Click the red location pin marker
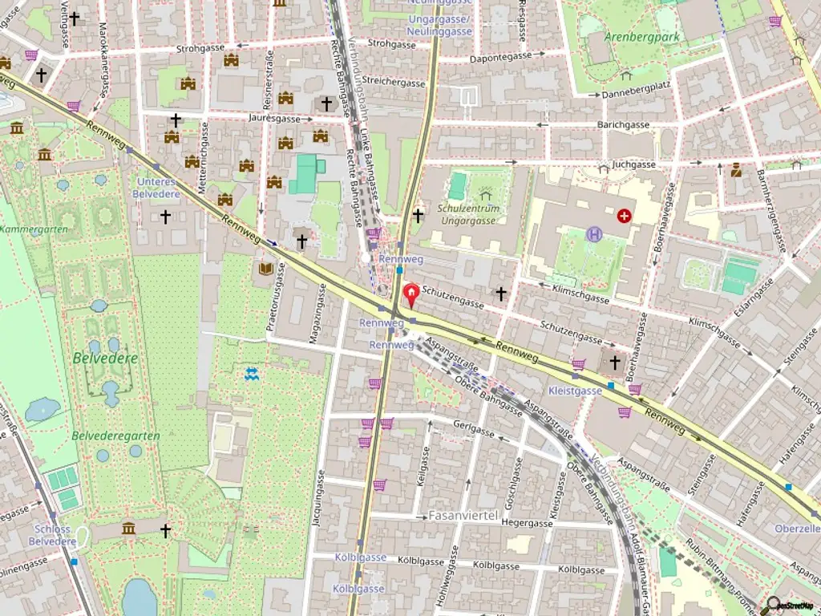(411, 295)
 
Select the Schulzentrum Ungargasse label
(468, 214)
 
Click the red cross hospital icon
(624, 216)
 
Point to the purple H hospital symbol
(594, 234)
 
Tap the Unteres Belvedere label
(156, 187)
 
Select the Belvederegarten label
(115, 436)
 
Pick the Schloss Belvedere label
(53, 535)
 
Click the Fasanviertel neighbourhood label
(463, 514)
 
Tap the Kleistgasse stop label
(575, 391)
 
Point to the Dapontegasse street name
(501, 56)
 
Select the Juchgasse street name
(633, 164)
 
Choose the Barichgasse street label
(623, 125)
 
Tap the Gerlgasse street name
(474, 429)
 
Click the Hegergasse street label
(527, 523)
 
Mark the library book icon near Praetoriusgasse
(265, 269)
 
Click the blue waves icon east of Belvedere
(252, 373)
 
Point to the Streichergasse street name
(393, 83)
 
